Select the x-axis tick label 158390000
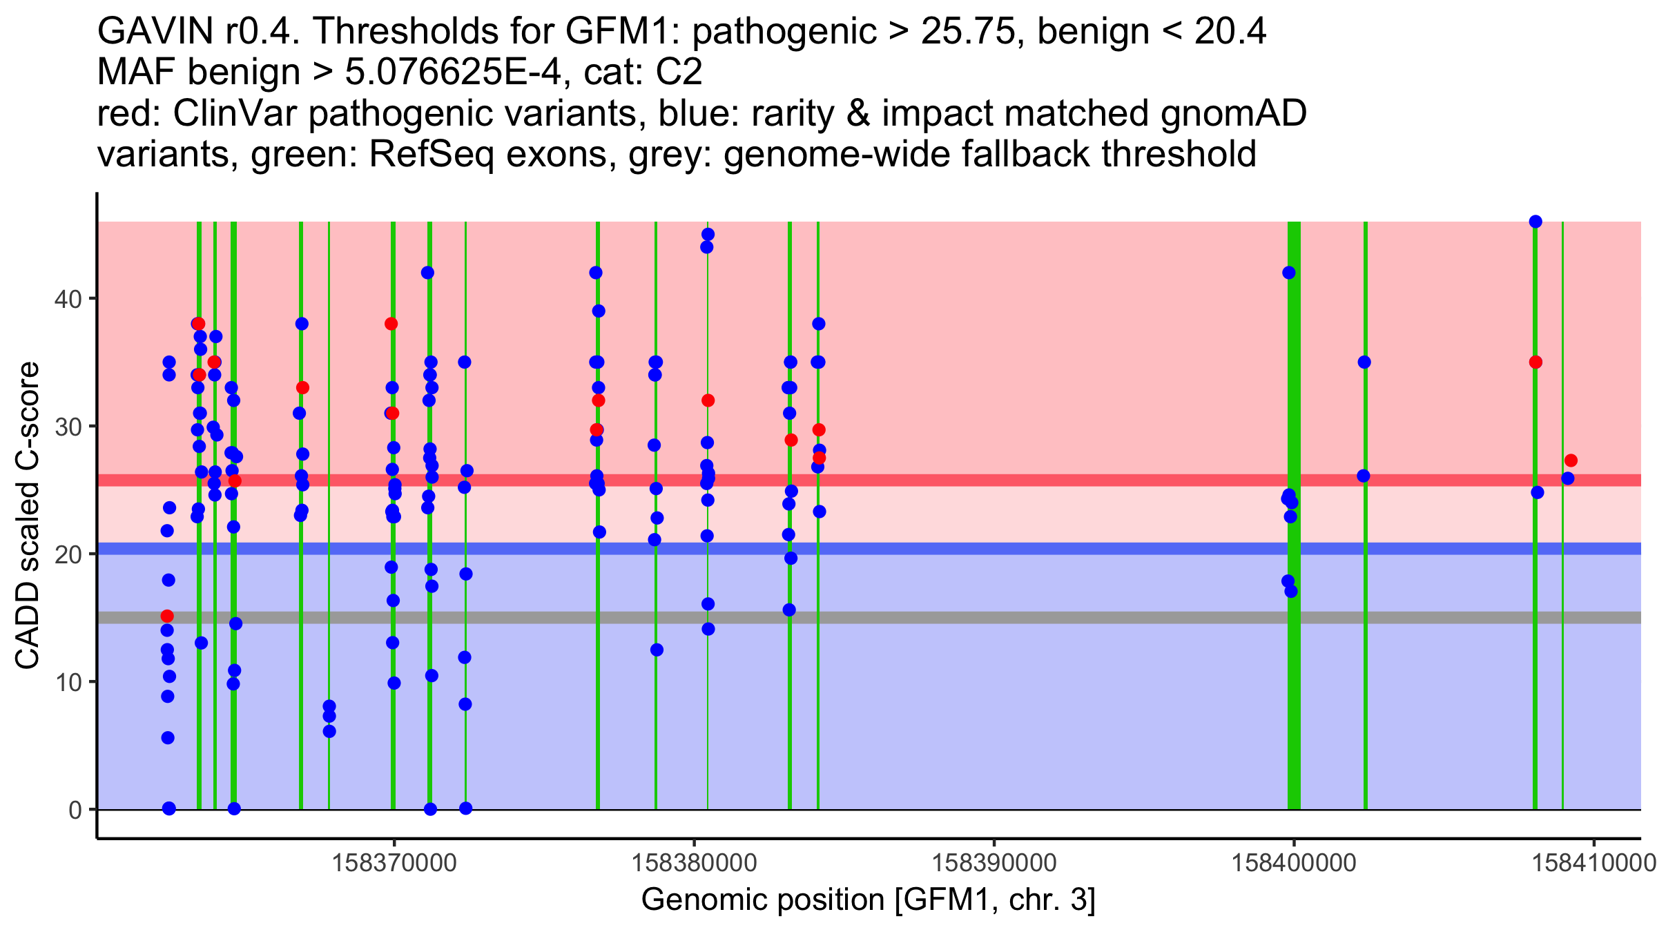pyautogui.click(x=994, y=862)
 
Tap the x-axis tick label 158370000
pyautogui.click(x=394, y=862)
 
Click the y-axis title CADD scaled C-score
pyautogui.click(x=28, y=516)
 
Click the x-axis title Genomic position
pyautogui.click(x=868, y=900)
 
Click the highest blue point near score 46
pyautogui.click(x=1535, y=222)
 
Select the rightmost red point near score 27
pyautogui.click(x=1571, y=460)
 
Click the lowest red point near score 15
pyautogui.click(x=167, y=616)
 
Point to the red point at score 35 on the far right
pyautogui.click(x=1535, y=362)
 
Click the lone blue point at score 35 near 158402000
pyautogui.click(x=1364, y=362)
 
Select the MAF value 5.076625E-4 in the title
pyautogui.click(x=454, y=72)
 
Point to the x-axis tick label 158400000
pyautogui.click(x=1294, y=862)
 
